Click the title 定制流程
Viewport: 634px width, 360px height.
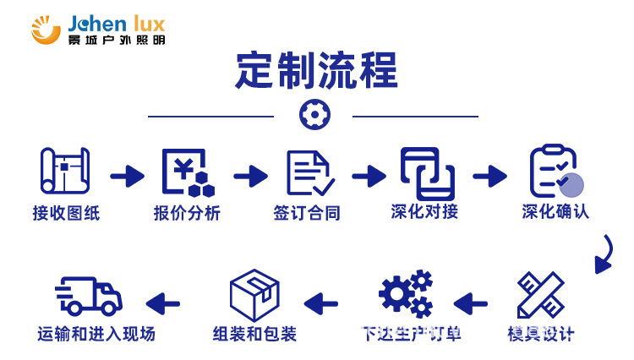[316, 71]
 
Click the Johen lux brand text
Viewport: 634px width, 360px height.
[116, 20]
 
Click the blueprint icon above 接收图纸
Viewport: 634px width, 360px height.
[65, 173]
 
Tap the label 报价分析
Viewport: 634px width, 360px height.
[187, 213]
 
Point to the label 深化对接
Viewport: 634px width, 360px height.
[424, 211]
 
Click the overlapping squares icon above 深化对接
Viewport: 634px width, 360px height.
[427, 173]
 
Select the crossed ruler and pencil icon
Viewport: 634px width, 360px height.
[540, 296]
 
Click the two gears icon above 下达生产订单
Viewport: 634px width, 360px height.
[407, 294]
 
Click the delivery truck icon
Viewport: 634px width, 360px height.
[89, 296]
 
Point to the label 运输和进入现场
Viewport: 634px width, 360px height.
[96, 334]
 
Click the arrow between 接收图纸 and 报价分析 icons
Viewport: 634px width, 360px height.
[127, 176]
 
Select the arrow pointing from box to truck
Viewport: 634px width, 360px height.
[163, 302]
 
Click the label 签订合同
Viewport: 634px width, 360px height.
[307, 213]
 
